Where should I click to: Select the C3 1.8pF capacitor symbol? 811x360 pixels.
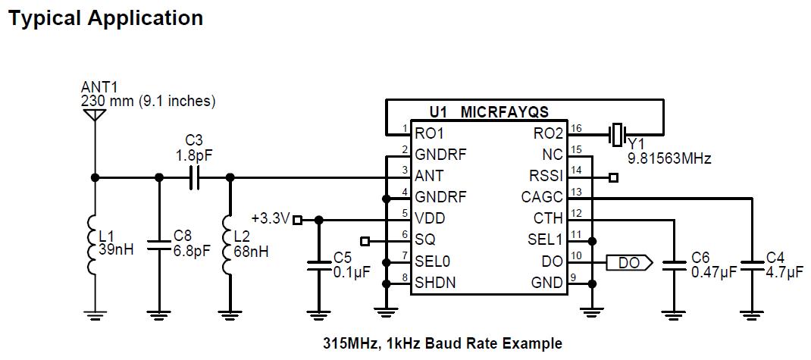click(194, 177)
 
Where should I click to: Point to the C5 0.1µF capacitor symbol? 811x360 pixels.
click(318, 266)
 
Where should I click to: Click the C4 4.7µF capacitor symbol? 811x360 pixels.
click(752, 265)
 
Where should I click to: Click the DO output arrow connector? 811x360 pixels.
click(629, 263)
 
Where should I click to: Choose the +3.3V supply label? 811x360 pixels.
click(271, 219)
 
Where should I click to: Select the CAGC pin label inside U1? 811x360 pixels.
click(542, 198)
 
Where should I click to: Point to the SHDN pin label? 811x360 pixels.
click(435, 283)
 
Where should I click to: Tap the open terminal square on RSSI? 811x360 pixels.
click(613, 178)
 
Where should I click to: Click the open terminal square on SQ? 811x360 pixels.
click(365, 241)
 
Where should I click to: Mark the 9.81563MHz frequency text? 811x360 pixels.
click(669, 158)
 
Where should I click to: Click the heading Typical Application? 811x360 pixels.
click(105, 18)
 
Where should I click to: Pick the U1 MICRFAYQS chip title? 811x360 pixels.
click(488, 112)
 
